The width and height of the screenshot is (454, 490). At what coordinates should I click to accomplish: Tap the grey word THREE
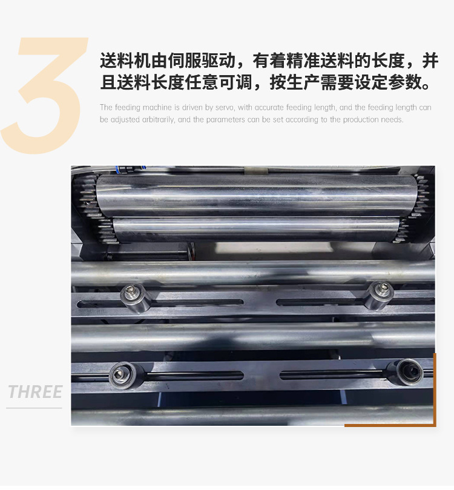35,392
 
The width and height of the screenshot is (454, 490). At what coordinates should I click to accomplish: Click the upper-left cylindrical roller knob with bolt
135,297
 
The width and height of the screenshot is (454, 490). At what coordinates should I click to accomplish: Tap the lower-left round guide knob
123,375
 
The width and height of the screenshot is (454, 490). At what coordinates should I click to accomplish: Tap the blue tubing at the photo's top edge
130,169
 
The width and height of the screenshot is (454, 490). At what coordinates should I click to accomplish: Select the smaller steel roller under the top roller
256,230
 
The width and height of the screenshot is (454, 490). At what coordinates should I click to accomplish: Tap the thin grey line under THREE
34,408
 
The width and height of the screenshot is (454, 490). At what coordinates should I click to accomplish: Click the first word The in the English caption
106,107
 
